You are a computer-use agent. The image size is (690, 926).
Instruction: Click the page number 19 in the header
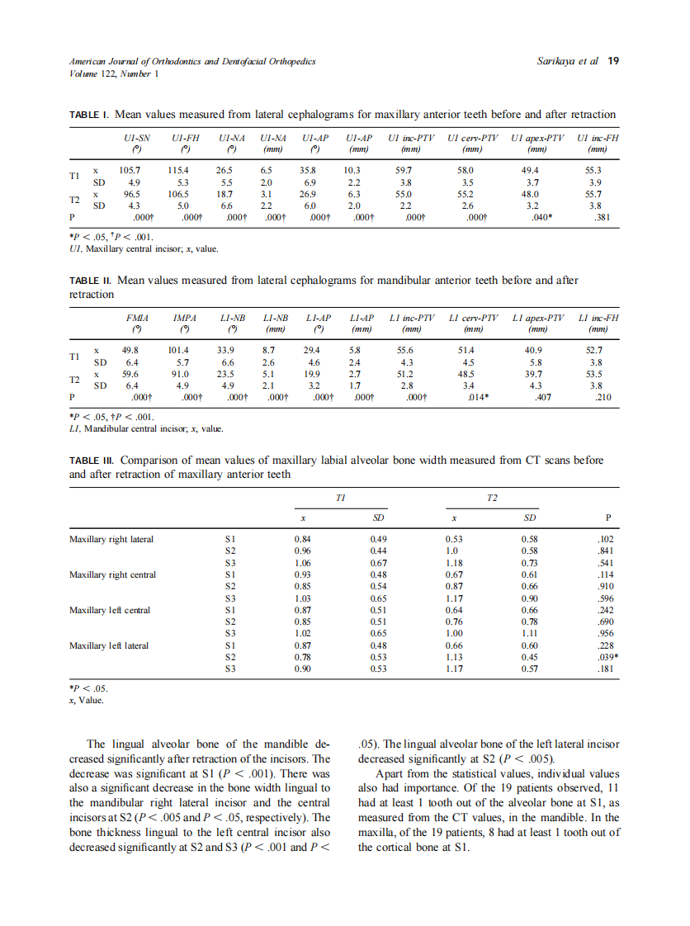point(613,61)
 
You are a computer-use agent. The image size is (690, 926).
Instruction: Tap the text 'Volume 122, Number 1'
point(114,73)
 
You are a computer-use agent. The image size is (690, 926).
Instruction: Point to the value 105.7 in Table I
point(130,170)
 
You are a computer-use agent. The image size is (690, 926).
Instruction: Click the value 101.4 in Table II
point(178,350)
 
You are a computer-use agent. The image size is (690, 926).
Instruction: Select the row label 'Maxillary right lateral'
point(111,540)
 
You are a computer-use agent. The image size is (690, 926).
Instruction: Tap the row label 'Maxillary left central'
point(109,610)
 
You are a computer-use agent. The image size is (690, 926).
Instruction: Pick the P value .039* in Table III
point(607,657)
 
